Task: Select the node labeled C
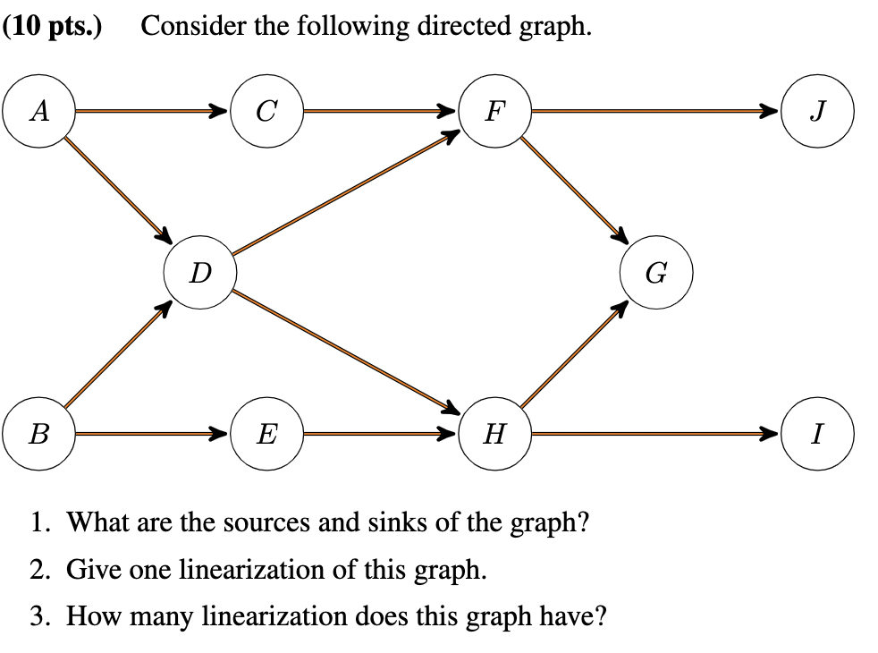[x=266, y=111]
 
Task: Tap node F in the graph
[x=494, y=111]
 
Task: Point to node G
[x=655, y=273]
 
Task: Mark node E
[x=266, y=435]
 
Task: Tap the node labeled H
[x=494, y=435]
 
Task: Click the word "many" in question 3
[x=175, y=616]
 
